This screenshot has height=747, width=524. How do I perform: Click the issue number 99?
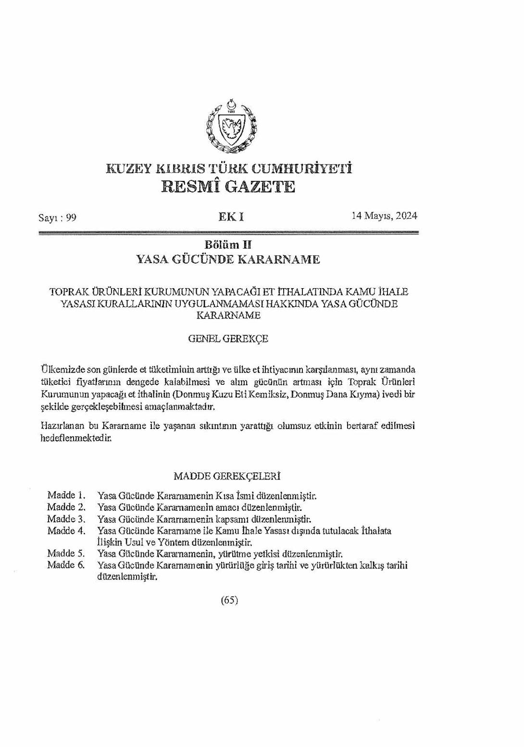[x=72, y=217]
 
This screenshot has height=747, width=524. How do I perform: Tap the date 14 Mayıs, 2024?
[x=384, y=215]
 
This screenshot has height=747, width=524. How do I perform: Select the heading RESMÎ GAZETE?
[x=228, y=187]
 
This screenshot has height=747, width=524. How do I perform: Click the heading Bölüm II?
[x=228, y=245]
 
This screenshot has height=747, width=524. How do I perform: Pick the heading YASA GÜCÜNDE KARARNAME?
[x=228, y=260]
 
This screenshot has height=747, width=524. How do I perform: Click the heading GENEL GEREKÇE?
[x=228, y=339]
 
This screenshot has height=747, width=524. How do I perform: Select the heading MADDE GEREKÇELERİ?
[x=227, y=476]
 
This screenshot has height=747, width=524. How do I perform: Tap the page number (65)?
[x=229, y=600]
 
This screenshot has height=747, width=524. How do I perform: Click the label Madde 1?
[x=66, y=495]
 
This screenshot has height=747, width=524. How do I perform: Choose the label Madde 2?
[x=66, y=507]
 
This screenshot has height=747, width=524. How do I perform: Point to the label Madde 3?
[x=66, y=519]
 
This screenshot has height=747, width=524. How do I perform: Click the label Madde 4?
[x=66, y=531]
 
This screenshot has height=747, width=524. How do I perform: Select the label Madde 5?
[x=66, y=553]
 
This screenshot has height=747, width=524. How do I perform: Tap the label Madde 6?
[x=66, y=565]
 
